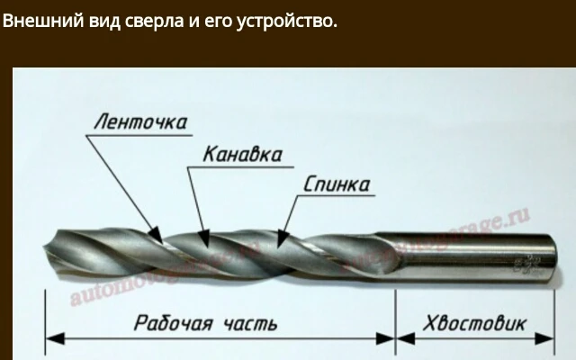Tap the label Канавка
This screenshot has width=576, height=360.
(241, 154)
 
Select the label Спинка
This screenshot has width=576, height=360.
(337, 185)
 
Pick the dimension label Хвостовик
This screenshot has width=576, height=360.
(474, 323)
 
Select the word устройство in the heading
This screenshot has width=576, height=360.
(291, 20)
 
